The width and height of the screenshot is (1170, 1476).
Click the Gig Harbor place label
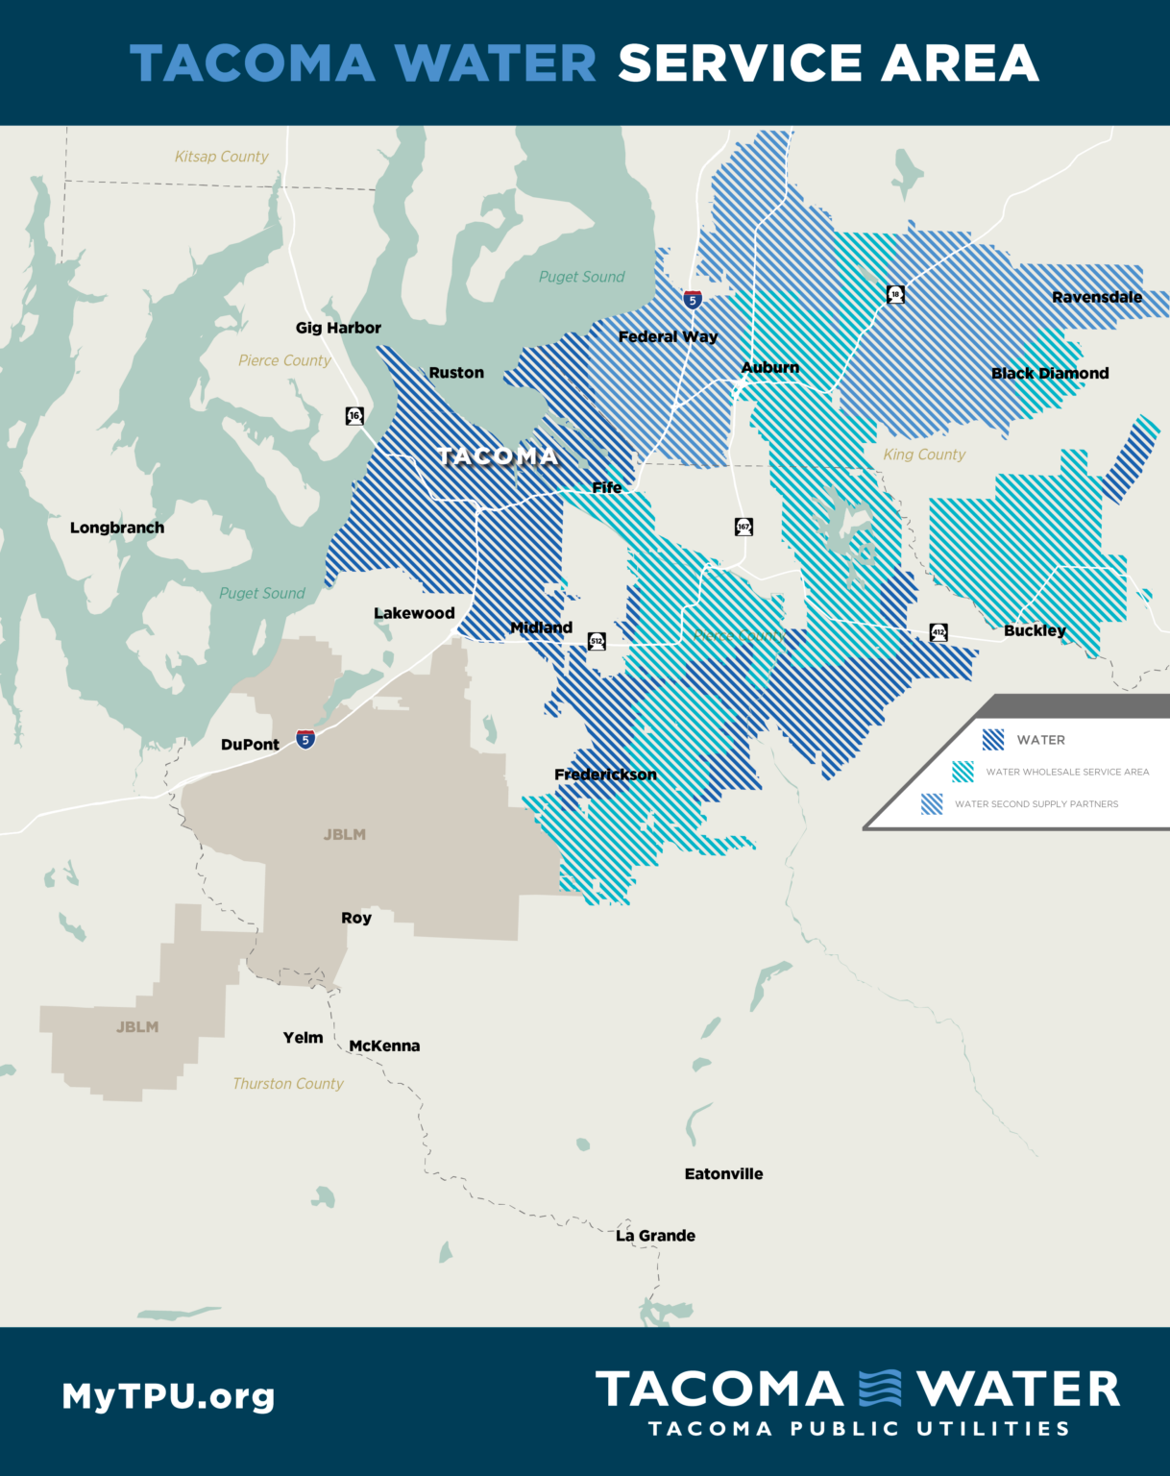coord(338,328)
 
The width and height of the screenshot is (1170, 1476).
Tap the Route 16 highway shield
coord(354,415)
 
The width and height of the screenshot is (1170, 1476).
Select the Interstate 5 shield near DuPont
coord(305,739)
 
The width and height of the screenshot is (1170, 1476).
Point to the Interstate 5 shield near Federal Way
coord(693,299)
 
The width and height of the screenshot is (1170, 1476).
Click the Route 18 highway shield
coord(895,294)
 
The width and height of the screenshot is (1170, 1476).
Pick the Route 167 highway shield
coord(743,527)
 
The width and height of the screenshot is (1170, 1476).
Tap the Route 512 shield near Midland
coord(597,641)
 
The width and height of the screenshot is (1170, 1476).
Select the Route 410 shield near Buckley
coord(938,632)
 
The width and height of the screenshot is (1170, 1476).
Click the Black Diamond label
coord(1050,373)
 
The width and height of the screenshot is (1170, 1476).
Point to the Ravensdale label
coord(1097,297)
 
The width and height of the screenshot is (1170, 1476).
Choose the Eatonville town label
coord(723,1173)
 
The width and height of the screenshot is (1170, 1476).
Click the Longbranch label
coord(117,528)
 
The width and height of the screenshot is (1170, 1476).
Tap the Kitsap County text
coord(221,157)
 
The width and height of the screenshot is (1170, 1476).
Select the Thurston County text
coord(287,1083)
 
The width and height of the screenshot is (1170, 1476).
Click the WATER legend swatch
coord(993,739)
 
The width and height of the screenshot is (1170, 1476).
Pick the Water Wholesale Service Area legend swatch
coord(963,772)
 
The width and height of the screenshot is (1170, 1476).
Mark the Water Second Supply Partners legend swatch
coord(932,803)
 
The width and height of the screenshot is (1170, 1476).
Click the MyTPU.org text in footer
coord(168,1395)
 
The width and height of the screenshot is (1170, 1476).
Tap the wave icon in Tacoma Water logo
coord(880,1389)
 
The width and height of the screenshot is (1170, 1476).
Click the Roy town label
coord(356,918)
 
